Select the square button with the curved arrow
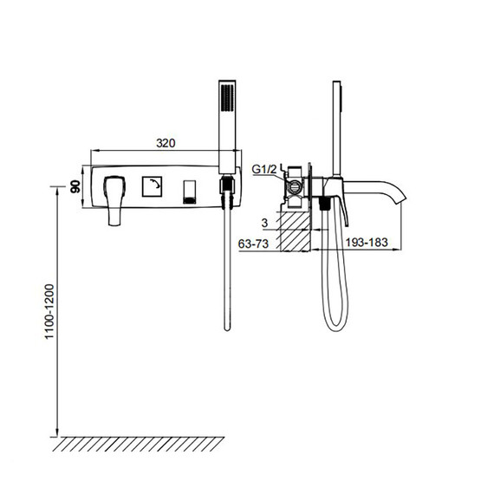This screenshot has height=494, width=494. [153, 185]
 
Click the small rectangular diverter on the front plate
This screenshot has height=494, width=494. [190, 189]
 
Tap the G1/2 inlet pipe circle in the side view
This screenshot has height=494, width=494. [297, 183]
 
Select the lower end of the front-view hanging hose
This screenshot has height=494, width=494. [227, 325]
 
